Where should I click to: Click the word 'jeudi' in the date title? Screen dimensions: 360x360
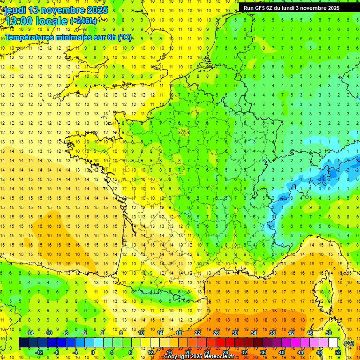click(14, 10)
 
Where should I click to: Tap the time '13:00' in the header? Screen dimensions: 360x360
click(19, 21)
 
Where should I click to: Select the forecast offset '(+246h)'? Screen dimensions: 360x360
click(83, 21)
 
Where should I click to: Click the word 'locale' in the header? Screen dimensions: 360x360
click(52, 21)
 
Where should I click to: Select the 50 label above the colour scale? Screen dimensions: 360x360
click(329, 332)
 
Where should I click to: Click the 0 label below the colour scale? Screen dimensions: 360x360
click(93, 352)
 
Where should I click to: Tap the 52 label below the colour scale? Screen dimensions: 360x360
click(338, 352)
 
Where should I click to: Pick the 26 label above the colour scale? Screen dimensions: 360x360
click(216, 332)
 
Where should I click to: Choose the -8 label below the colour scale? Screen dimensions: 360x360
click(57, 352)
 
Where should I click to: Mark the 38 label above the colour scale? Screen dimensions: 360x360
click(272, 332)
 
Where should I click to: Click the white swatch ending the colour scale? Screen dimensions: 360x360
click(333, 342)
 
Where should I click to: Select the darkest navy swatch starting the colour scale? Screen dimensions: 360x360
click(23, 342)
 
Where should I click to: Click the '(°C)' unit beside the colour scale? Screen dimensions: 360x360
click(349, 343)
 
